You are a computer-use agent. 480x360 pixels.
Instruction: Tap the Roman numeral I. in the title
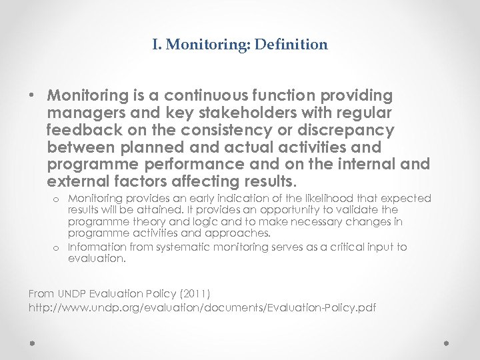(x=157, y=45)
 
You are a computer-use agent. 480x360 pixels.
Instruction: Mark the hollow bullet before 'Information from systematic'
(x=57, y=247)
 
